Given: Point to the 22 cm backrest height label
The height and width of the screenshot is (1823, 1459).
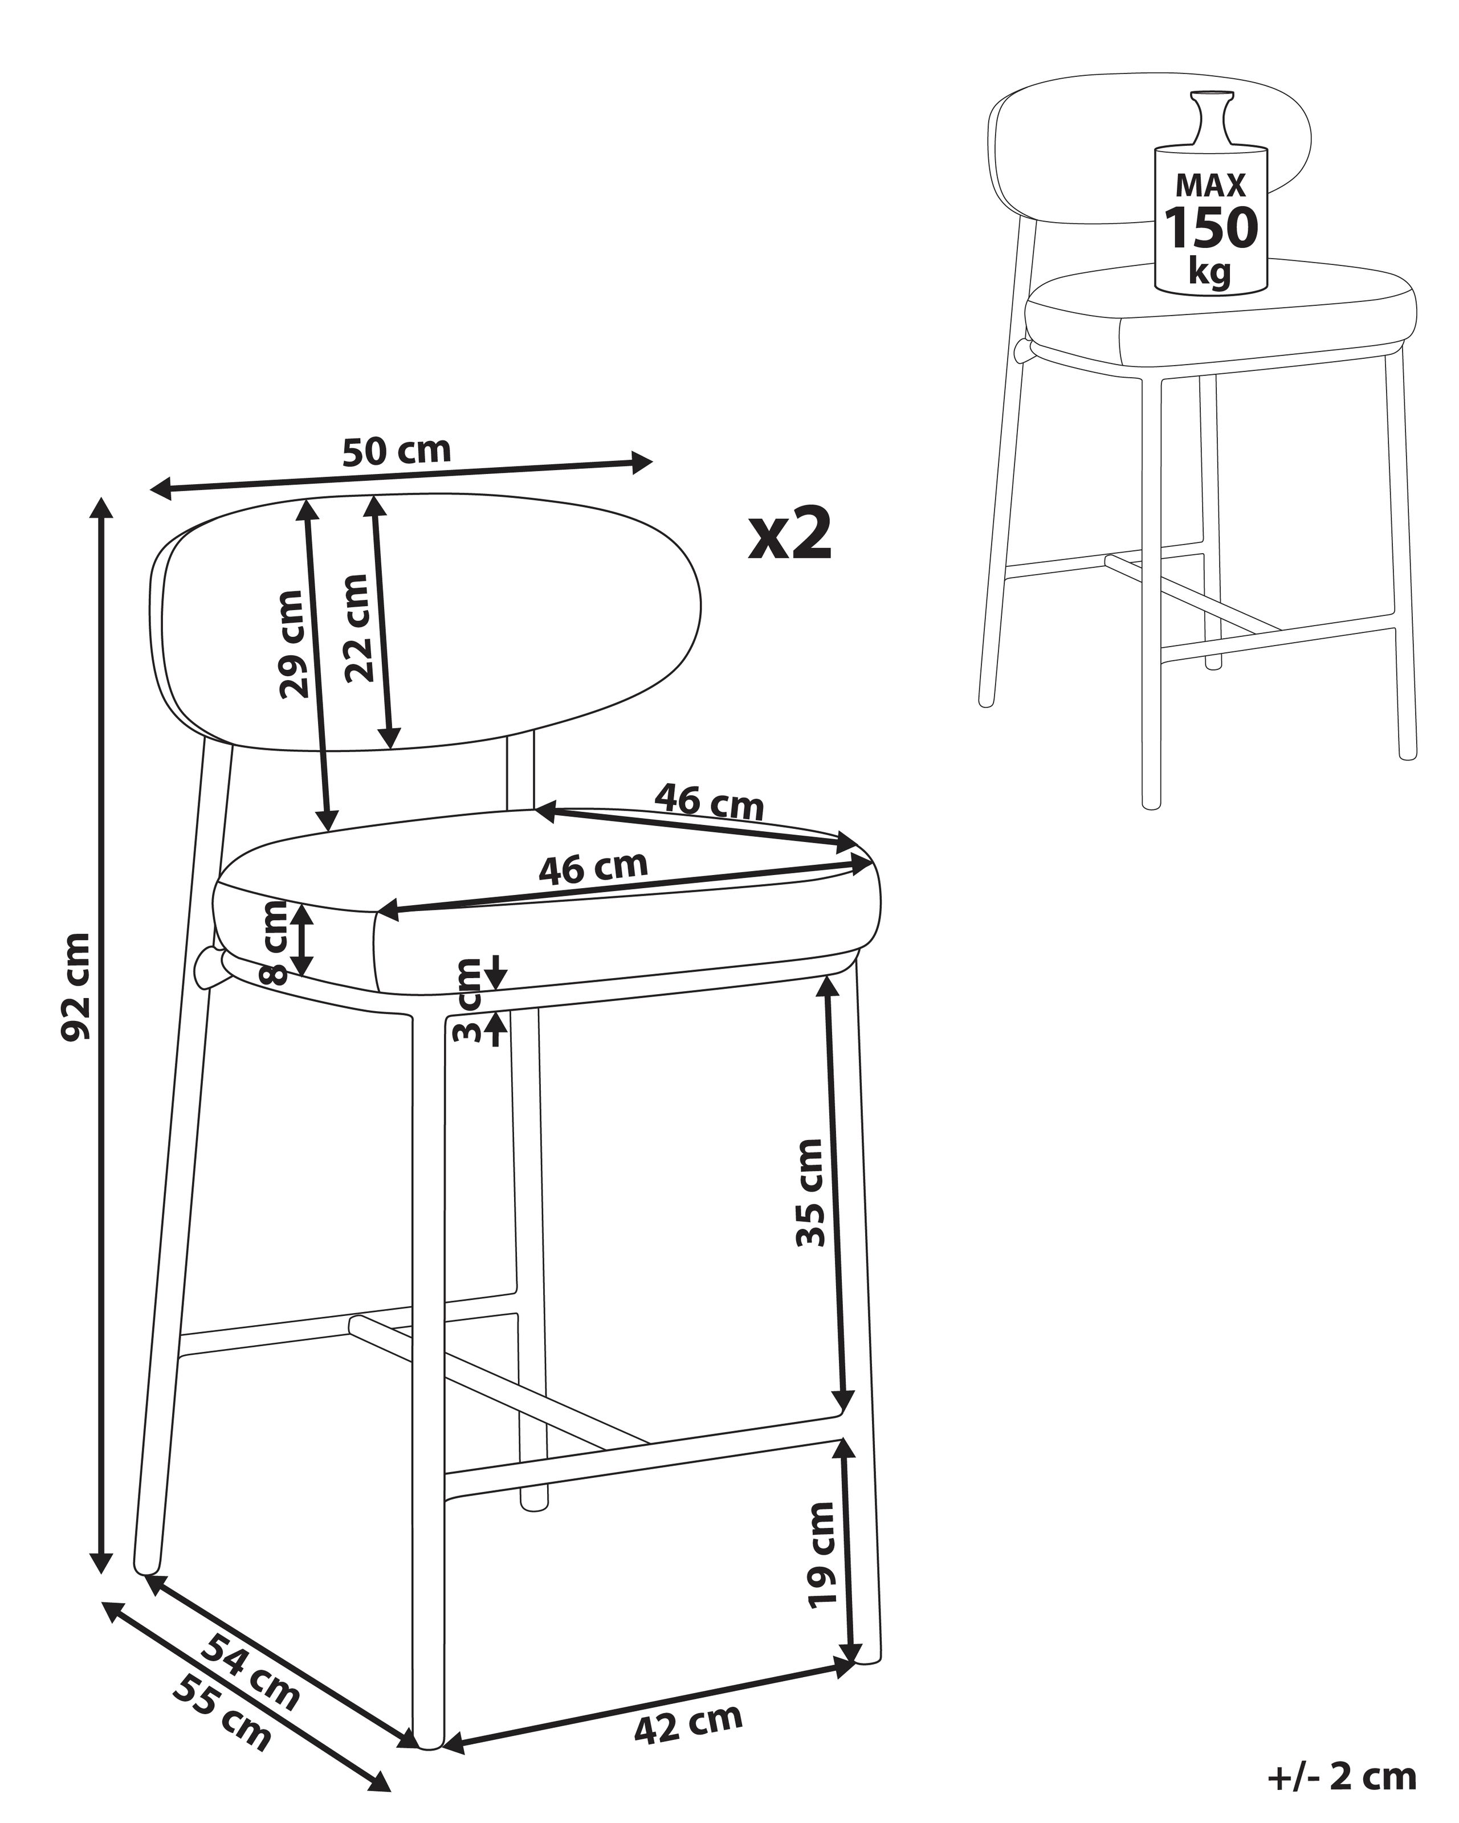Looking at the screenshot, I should (357, 627).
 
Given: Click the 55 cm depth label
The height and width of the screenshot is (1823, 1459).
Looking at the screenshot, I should (222, 1712).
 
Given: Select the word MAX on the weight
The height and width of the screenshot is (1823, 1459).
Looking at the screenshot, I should (1211, 185).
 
